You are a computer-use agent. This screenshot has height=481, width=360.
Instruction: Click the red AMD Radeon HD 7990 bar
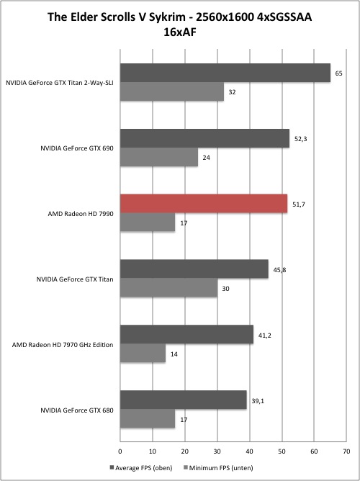[x=204, y=204]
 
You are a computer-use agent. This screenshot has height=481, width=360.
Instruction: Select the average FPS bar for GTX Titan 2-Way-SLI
[x=225, y=73]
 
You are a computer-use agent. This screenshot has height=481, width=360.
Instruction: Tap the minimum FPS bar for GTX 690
[x=159, y=157]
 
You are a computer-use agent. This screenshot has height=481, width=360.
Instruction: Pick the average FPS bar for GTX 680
[x=184, y=400]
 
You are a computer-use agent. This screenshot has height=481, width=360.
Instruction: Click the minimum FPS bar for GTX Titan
[x=168, y=288]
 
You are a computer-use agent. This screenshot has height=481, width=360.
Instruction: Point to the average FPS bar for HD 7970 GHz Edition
[x=186, y=334]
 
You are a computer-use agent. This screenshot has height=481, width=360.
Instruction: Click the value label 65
[x=339, y=73]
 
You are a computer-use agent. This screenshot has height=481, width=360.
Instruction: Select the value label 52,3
[x=300, y=139]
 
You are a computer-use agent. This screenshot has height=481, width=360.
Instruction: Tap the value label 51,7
[x=299, y=204]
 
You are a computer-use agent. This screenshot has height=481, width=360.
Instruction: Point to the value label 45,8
[x=279, y=270]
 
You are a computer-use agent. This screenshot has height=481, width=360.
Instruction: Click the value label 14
[x=174, y=354]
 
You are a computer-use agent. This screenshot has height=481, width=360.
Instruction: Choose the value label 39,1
[x=258, y=400]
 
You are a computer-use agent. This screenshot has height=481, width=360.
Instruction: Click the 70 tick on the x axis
[x=346, y=451]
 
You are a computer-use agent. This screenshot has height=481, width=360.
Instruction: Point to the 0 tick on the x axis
[x=120, y=451]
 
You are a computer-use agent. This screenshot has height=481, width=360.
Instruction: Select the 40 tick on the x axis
[x=250, y=451]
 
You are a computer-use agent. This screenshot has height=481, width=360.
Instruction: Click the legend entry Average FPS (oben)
[x=140, y=468]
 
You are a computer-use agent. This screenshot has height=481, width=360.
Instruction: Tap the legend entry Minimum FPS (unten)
[x=218, y=468]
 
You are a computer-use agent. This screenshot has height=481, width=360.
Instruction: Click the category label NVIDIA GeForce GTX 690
[x=77, y=148]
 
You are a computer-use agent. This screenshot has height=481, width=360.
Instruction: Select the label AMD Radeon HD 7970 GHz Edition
[x=63, y=345]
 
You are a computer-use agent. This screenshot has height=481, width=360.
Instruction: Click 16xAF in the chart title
[x=180, y=32]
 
